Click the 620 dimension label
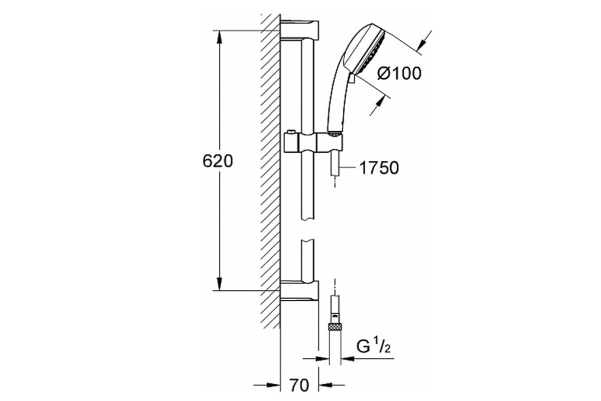tap(217, 162)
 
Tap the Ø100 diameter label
tap(399, 73)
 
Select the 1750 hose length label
tap(379, 168)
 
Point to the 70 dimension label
tap(299, 385)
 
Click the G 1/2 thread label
tap(373, 346)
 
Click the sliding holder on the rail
tap(313, 143)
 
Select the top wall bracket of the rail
tap(299, 31)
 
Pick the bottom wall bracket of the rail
tap(299, 292)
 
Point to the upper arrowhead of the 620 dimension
tap(219, 37)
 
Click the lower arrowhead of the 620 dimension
tap(219, 284)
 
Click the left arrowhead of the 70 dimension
tap(274, 385)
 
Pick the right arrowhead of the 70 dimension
tap(325, 385)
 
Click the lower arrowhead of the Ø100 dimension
tap(378, 103)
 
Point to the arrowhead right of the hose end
tap(348, 358)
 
